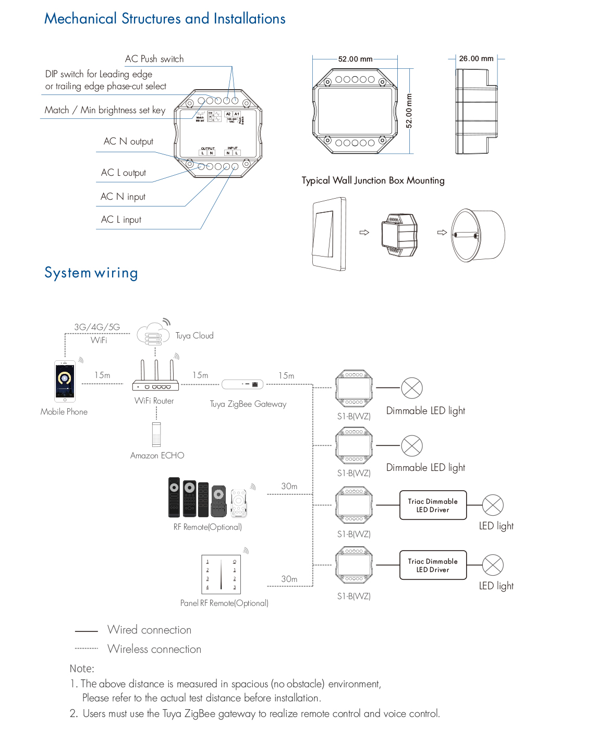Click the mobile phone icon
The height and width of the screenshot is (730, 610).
[65, 381]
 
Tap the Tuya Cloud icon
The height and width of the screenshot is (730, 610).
[153, 334]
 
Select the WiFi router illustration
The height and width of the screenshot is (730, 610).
[155, 376]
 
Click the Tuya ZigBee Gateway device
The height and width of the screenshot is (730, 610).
[242, 384]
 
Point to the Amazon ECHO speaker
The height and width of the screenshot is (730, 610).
[156, 434]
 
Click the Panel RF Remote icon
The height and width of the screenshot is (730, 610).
[221, 574]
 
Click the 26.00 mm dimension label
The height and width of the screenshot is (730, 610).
[476, 58]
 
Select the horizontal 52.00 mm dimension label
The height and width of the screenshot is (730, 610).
[355, 59]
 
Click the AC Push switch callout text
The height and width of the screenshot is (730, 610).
[154, 59]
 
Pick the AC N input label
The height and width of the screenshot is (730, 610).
[123, 197]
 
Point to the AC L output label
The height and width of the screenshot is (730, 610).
[124, 173]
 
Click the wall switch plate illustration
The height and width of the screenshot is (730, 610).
[329, 233]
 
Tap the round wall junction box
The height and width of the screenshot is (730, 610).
[477, 235]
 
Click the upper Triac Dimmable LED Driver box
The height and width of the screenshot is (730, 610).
[433, 505]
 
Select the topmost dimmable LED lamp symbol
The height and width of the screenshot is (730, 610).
[412, 388]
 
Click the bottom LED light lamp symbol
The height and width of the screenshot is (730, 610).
[493, 565]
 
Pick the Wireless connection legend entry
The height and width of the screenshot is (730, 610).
[154, 649]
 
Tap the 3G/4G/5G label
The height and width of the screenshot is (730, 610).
[97, 327]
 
